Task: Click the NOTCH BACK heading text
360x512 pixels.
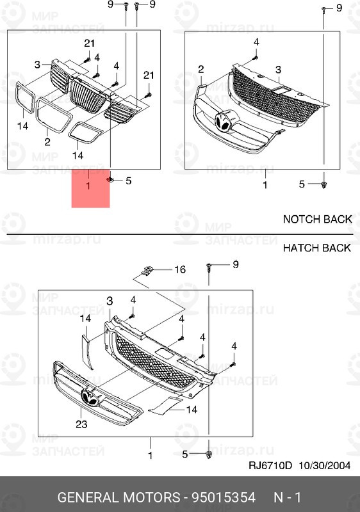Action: coord(317,219)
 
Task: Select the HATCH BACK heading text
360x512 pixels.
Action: coord(317,248)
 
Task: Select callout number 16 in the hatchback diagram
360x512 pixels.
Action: coord(180,270)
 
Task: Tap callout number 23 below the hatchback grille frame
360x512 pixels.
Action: coord(80,424)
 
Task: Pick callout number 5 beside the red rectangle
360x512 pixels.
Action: coord(128,181)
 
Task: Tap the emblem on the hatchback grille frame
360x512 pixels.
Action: coord(92,397)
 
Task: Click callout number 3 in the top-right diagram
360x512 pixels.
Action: coord(278,69)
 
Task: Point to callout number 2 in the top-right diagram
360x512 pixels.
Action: coord(200,69)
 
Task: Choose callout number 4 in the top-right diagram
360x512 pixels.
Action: coord(256,42)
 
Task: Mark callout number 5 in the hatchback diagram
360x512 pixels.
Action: coord(185,454)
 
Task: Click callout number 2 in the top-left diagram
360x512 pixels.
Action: coord(47,141)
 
